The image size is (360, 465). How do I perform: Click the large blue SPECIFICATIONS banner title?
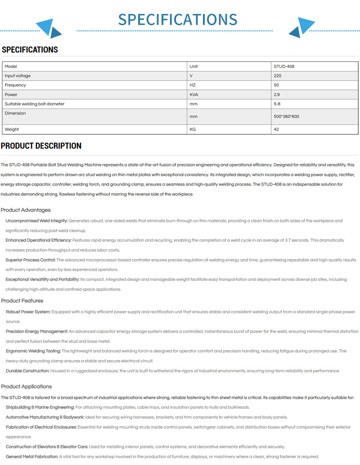click(178, 19)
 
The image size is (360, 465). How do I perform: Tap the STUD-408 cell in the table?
click(284, 66)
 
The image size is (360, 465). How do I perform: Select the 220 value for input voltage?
click(277, 76)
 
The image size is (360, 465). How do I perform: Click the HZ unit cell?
click(193, 85)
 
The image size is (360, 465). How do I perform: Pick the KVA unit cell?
click(194, 95)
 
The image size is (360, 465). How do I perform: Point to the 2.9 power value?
click(277, 95)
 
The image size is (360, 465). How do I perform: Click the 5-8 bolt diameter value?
click(277, 104)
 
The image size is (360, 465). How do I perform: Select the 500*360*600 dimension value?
click(286, 117)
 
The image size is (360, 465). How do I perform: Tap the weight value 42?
click(276, 129)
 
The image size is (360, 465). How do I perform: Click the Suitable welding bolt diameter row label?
click(34, 104)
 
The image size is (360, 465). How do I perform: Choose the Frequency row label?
click(15, 85)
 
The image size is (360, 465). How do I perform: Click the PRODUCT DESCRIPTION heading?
click(41, 146)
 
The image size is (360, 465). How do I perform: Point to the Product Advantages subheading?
click(26, 210)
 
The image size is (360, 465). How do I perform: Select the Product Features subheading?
click(22, 301)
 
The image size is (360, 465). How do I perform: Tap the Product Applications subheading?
click(26, 386)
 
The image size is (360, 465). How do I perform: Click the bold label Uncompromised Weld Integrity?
click(36, 221)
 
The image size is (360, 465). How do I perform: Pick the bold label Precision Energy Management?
click(37, 331)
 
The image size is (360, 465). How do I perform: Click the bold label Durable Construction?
click(27, 371)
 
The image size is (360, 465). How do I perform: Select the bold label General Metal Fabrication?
click(32, 456)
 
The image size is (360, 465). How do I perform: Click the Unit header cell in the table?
click(193, 66)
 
